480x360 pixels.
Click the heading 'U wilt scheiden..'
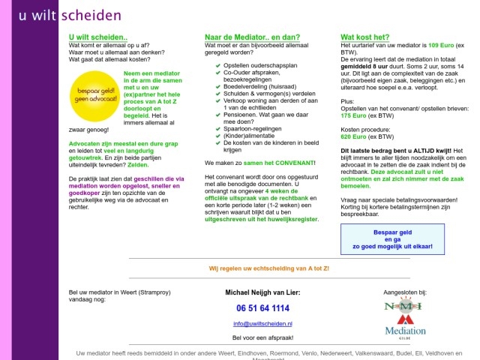[x=98, y=37]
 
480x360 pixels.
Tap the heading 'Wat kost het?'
[x=365, y=37]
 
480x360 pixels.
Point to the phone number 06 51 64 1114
[x=262, y=308]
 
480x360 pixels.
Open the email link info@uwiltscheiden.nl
[x=262, y=323]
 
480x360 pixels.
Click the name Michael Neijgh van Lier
[x=262, y=292]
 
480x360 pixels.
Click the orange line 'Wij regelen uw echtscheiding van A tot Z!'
[x=268, y=268]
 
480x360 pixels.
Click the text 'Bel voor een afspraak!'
[x=262, y=338]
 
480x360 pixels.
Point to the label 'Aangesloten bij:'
[x=405, y=291]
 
